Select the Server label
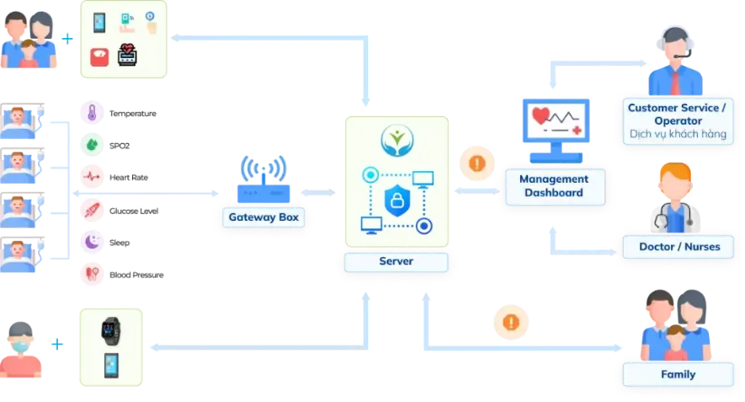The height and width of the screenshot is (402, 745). [396, 262]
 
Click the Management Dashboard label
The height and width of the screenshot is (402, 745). [553, 186]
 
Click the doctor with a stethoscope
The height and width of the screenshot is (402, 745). [673, 198]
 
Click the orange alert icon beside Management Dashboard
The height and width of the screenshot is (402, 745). [476, 163]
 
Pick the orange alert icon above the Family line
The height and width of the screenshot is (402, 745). [511, 322]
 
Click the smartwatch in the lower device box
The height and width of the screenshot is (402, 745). [110, 329]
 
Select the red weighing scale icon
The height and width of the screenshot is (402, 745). [100, 56]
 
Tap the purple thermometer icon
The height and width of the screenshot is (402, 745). [91, 112]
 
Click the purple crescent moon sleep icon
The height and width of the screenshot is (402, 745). [91, 242]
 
